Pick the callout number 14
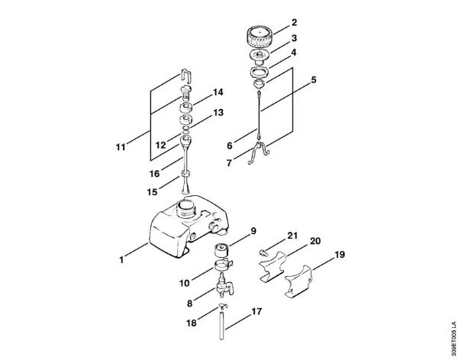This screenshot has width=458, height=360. (218, 92)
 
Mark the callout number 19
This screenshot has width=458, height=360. (340, 256)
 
